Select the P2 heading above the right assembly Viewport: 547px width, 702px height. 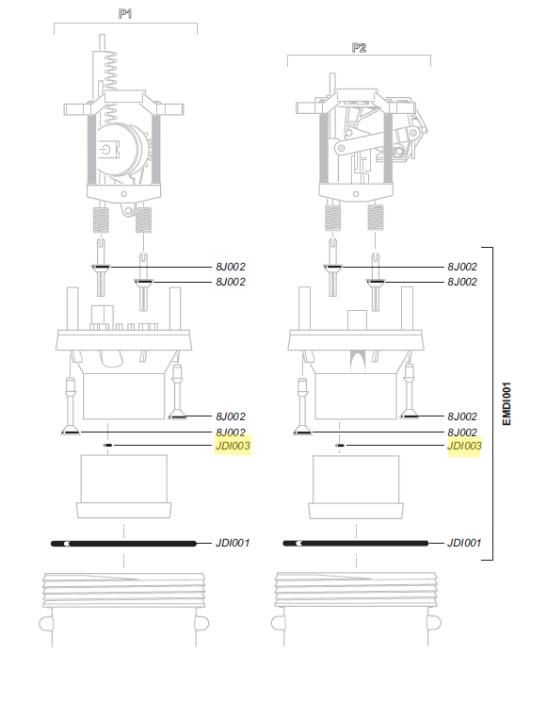click(x=358, y=47)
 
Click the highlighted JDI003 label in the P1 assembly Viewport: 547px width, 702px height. click(x=233, y=446)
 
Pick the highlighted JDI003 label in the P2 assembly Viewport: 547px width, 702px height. click(x=464, y=446)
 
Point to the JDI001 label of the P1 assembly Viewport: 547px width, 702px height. click(x=232, y=544)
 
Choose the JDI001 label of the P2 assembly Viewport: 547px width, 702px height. click(x=464, y=544)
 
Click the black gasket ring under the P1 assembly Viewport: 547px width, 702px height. click(x=123, y=544)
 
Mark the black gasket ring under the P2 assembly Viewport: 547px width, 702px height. click(x=356, y=544)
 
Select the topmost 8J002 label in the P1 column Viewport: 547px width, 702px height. click(x=232, y=268)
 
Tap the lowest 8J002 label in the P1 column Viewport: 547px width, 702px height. click(x=232, y=432)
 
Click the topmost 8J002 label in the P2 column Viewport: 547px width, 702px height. click(x=464, y=268)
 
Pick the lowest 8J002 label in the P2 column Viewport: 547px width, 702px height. click(x=464, y=432)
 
